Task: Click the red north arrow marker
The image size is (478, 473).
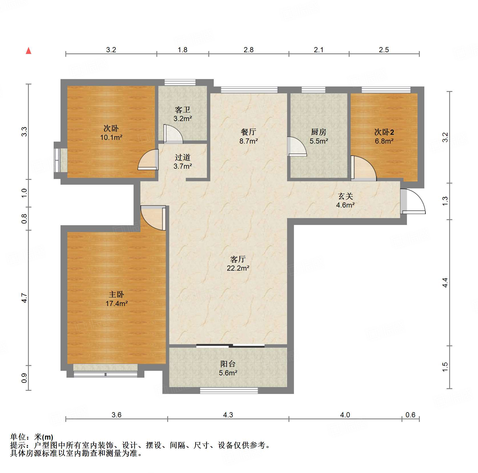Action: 29,51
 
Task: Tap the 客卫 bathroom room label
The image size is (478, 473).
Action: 183,110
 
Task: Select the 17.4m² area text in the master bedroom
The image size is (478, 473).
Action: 116,303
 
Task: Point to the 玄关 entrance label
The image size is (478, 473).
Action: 346,196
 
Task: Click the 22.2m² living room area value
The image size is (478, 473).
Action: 238,268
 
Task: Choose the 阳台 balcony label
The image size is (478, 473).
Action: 228,364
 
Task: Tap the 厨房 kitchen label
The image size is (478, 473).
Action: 318,132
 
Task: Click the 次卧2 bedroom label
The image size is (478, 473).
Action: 384,132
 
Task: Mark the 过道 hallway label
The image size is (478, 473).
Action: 183,157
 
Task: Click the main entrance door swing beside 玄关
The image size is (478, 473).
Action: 413,201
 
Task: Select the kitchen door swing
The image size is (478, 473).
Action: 297,146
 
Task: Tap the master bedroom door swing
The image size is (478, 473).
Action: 153,218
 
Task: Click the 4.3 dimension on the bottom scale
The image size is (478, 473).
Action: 228,415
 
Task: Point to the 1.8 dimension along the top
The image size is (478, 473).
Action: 183,50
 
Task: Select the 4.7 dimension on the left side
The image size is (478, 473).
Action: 25,298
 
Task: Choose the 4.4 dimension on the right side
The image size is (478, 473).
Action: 445,283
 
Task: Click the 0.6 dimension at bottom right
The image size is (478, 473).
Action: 410,415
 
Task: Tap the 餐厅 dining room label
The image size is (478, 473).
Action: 249,132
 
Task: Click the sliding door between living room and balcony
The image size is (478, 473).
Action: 230,346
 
